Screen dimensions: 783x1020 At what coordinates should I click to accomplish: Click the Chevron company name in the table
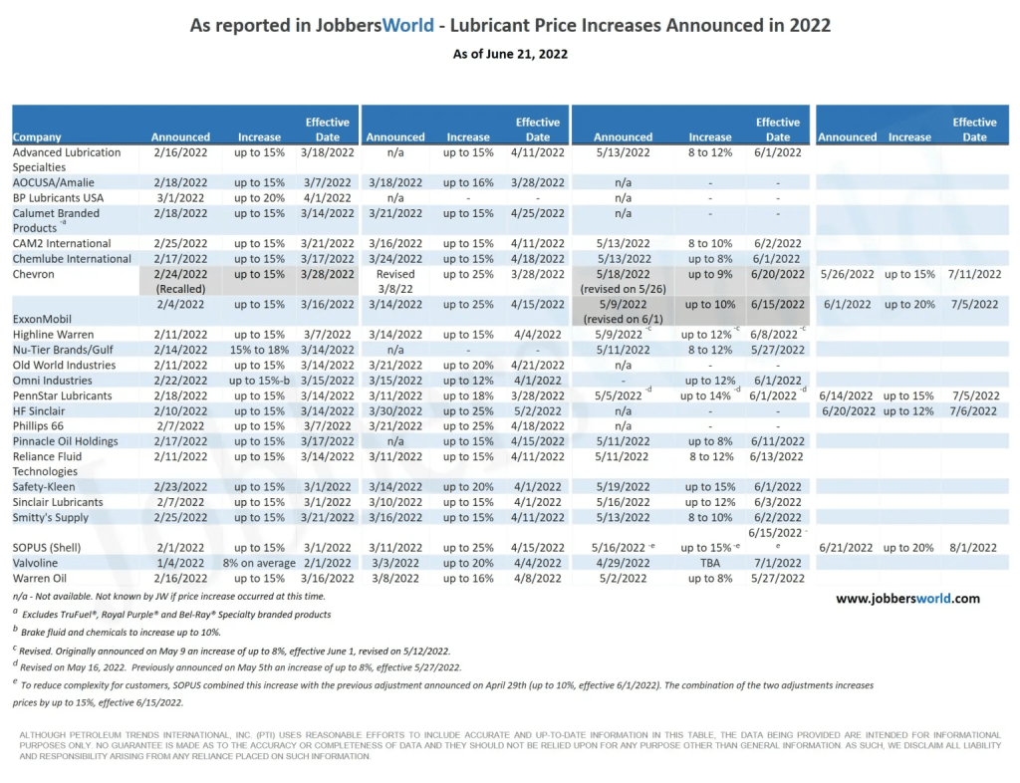click(x=34, y=274)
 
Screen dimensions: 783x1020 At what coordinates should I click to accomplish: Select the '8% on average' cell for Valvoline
click(x=259, y=563)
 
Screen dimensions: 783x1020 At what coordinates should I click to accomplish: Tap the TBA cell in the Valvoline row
click(x=709, y=563)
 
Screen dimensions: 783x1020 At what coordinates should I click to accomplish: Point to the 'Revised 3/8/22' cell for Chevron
click(x=395, y=281)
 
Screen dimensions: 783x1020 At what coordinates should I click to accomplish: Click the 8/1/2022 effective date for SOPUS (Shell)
click(x=973, y=548)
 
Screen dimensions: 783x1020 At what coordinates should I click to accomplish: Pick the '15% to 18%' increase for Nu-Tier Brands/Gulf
click(x=259, y=350)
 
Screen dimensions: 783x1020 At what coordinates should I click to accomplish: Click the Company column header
click(x=38, y=137)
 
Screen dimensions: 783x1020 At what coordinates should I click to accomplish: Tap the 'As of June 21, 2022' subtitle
click(x=509, y=54)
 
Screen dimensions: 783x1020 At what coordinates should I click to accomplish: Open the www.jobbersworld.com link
click(x=907, y=599)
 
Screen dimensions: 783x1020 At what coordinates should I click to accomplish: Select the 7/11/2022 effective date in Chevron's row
click(x=973, y=274)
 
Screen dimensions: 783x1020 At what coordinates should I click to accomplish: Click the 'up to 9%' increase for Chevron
click(x=709, y=274)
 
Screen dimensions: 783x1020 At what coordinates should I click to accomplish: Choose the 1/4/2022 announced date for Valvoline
click(x=180, y=563)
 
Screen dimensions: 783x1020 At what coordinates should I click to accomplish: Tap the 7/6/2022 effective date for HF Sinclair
click(x=973, y=410)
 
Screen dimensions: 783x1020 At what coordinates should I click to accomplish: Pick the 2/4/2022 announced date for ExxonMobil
click(x=180, y=304)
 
